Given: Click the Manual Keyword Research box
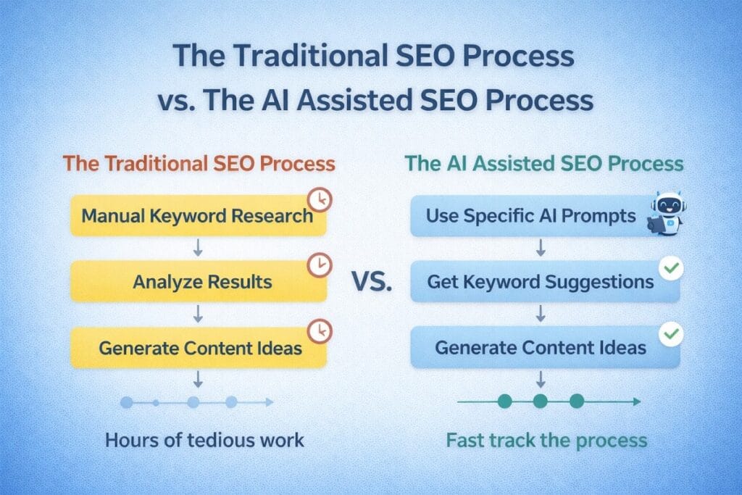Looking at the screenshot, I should (197, 216).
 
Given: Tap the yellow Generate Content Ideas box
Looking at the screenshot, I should (200, 348).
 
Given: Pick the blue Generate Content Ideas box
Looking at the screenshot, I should (541, 348).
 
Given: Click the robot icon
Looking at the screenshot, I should (667, 212).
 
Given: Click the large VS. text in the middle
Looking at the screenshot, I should (371, 283).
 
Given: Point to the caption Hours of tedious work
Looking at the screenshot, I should (205, 440).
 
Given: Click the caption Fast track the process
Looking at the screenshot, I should (546, 440).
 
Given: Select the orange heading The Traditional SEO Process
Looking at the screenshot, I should (199, 163).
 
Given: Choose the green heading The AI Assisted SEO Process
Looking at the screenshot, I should (544, 163).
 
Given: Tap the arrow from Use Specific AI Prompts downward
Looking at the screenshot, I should (541, 249).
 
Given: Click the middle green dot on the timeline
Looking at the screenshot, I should (540, 401).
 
